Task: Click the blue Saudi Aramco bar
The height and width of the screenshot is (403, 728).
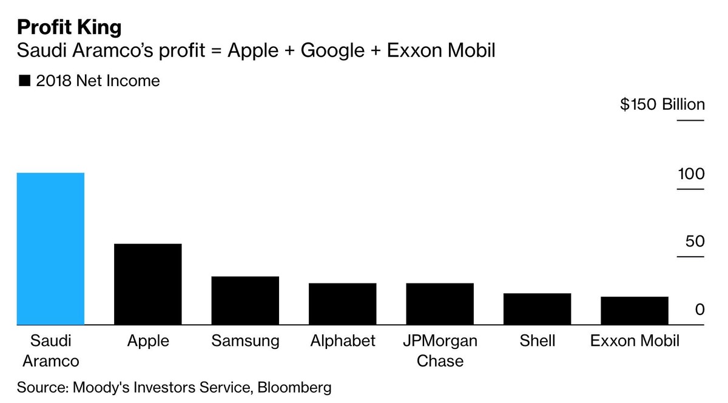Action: coord(50,249)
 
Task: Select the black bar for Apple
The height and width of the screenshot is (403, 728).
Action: coord(148,284)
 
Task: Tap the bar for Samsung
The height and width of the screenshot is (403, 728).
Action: coord(245,300)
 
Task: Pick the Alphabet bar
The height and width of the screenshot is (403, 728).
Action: coord(343,303)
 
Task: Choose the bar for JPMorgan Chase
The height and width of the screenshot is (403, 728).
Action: coord(440,303)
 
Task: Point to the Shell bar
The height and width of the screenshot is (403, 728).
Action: coord(538,309)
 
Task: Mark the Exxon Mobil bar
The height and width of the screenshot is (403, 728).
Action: coord(635,311)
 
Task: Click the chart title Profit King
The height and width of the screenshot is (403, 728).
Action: coord(69,27)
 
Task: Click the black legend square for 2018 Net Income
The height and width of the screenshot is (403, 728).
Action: coord(25,81)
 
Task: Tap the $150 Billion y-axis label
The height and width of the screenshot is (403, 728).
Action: coord(662,104)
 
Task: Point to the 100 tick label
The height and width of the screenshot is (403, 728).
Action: coord(691,174)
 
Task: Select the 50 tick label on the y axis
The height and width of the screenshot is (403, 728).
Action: coord(695,242)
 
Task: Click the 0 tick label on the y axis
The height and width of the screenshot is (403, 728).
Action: coord(699,310)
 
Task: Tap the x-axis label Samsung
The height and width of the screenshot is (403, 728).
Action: coord(245,341)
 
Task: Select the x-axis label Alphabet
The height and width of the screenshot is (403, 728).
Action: coord(343,341)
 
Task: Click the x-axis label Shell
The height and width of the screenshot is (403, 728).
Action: coord(538,341)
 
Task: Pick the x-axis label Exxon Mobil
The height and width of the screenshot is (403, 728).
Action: coord(635,341)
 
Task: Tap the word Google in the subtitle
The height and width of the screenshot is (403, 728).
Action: coord(330,51)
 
